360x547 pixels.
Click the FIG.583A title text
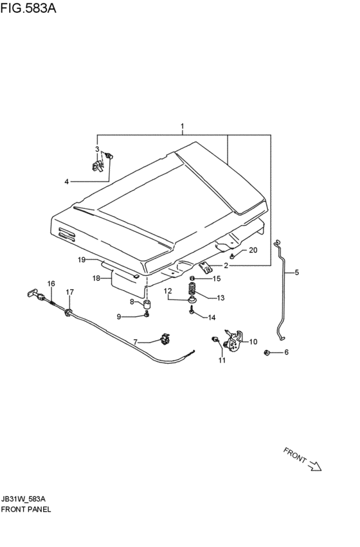28,8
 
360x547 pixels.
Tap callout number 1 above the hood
182,126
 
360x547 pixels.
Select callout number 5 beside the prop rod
297,272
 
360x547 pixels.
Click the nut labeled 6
266,353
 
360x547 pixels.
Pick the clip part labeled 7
165,338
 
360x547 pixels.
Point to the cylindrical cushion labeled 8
147,303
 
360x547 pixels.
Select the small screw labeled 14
192,309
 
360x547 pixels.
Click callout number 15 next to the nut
217,278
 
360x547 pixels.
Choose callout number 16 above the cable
51,283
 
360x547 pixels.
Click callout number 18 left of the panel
96,278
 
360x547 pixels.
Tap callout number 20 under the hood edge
253,250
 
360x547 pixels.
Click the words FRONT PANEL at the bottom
26,509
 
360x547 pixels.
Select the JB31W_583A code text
23,499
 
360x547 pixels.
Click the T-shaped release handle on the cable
33,293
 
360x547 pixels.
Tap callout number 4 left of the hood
66,181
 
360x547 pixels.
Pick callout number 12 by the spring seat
168,291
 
